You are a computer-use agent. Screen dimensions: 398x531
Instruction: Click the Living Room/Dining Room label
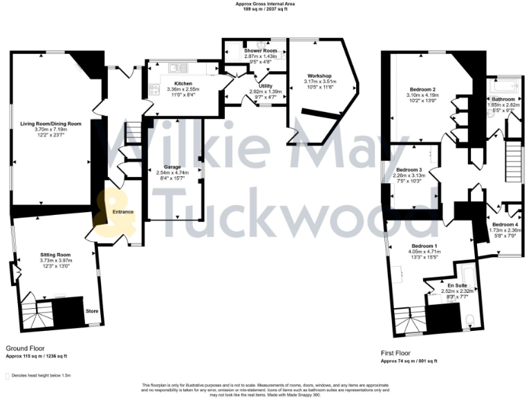pos(50,123)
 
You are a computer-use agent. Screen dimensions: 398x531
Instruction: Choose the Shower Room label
pos(261,51)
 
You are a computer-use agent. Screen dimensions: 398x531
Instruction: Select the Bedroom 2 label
pos(422,90)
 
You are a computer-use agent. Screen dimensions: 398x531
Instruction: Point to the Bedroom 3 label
pos(409,170)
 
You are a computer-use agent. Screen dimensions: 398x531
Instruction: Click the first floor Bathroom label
pos(503,99)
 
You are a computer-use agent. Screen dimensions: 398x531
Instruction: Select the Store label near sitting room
pos(92,311)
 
